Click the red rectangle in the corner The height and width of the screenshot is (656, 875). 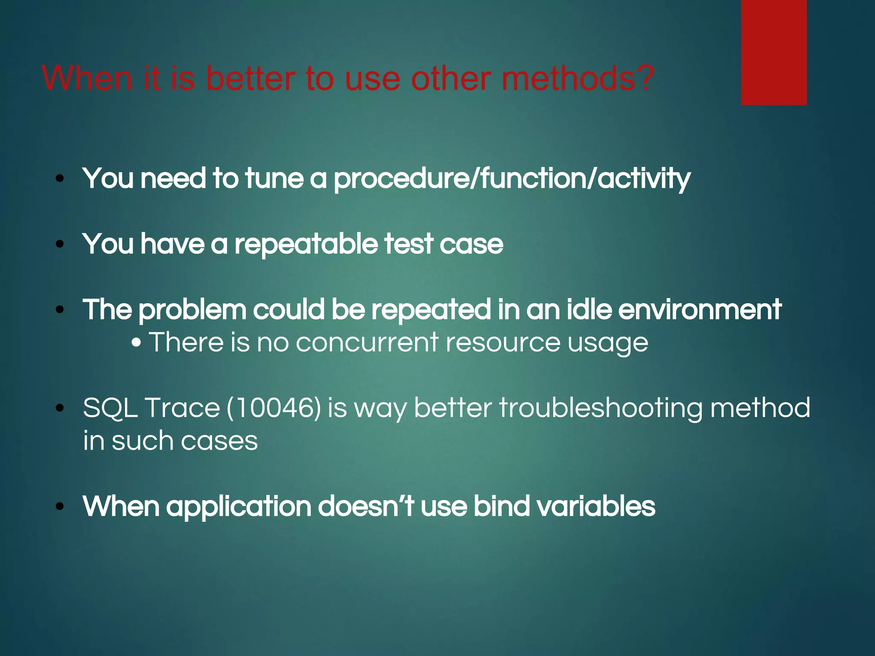(x=774, y=52)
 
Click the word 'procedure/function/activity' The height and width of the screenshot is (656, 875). (x=511, y=179)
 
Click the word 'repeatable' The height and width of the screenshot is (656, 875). (x=305, y=244)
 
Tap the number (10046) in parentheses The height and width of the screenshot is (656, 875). (x=273, y=408)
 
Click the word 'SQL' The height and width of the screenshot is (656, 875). (x=110, y=408)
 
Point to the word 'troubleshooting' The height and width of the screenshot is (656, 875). (x=600, y=408)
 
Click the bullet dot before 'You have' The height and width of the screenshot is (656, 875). (x=60, y=244)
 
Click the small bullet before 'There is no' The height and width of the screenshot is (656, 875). (x=137, y=343)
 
